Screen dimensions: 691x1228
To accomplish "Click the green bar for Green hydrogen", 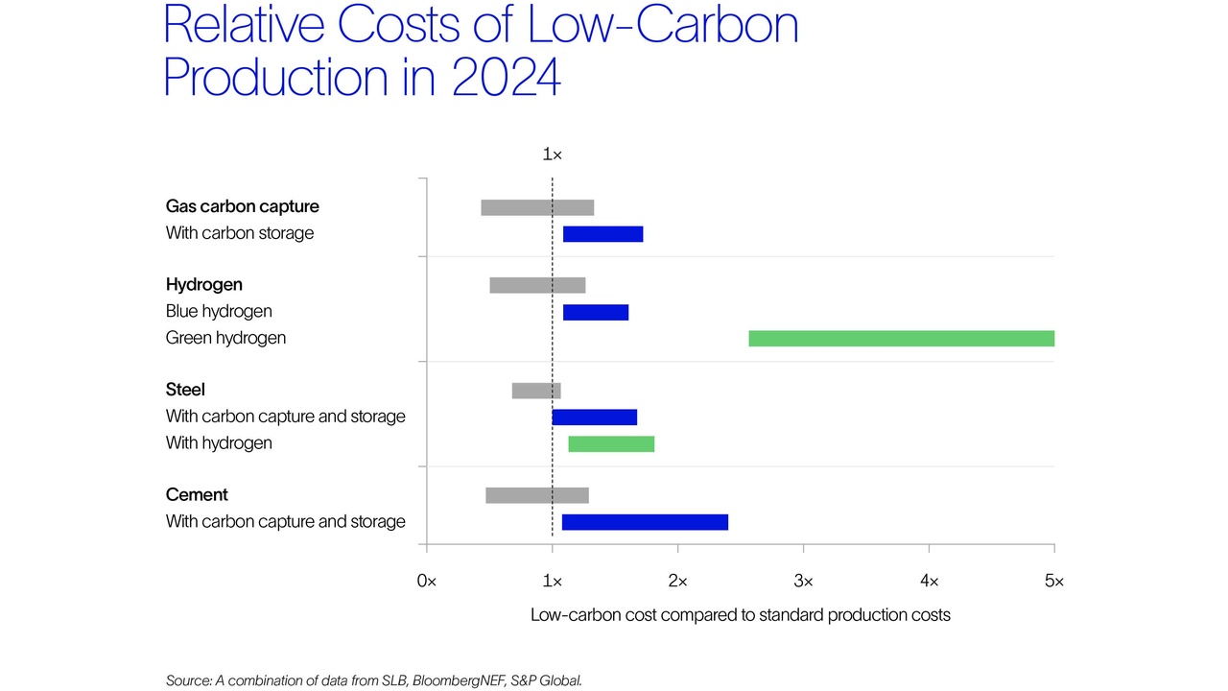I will [x=901, y=338].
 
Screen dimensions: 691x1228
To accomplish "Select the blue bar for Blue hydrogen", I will [x=596, y=312].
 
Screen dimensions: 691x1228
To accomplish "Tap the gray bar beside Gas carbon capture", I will [x=537, y=207].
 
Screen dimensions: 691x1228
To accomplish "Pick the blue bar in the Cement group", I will [x=645, y=522].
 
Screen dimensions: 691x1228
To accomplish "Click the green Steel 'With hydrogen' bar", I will [x=611, y=443].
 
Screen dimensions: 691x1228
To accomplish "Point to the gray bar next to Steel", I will [x=536, y=391].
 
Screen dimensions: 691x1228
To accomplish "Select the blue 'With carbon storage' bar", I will [x=602, y=234].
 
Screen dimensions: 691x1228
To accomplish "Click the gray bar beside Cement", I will [x=537, y=495].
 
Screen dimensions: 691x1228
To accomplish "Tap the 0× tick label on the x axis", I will [x=426, y=581].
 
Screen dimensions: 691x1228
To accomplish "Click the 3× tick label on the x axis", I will [x=803, y=581].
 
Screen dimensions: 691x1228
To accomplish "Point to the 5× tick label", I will [x=1053, y=581].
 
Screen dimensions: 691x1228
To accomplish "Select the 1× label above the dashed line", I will [x=552, y=155].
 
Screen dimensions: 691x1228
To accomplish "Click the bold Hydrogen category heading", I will [x=204, y=285].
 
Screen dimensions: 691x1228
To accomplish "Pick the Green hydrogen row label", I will [x=225, y=338].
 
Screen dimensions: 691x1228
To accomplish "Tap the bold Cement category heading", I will [x=197, y=495].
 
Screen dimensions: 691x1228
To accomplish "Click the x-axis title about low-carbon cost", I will [x=740, y=614].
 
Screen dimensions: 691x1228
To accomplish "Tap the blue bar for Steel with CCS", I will [x=595, y=417].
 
